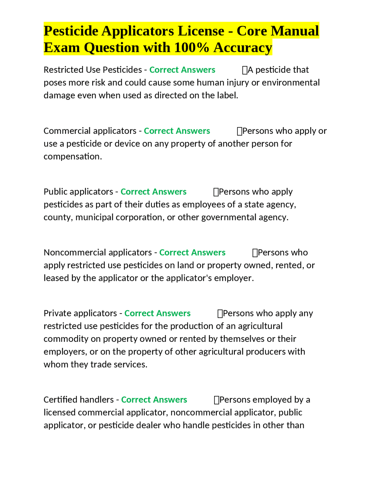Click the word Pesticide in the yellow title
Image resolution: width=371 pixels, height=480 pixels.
coord(71,31)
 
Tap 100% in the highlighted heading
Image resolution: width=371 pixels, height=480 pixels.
coord(191,48)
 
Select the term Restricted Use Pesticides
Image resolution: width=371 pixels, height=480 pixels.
coord(92,70)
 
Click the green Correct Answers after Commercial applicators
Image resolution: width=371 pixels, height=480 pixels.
coord(177,131)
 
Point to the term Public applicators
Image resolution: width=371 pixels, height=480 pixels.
coord(78,192)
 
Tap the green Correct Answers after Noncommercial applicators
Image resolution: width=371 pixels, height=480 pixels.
coord(192,253)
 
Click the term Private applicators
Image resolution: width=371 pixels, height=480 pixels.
coord(80,313)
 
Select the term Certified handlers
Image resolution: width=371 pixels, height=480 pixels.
coord(79,400)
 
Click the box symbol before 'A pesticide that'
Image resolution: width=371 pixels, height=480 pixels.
coord(245,70)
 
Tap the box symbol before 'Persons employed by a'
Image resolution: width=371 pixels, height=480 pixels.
coord(216,400)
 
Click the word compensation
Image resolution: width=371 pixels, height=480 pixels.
coord(72,157)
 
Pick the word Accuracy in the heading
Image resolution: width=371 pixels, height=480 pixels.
coord(243,48)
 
